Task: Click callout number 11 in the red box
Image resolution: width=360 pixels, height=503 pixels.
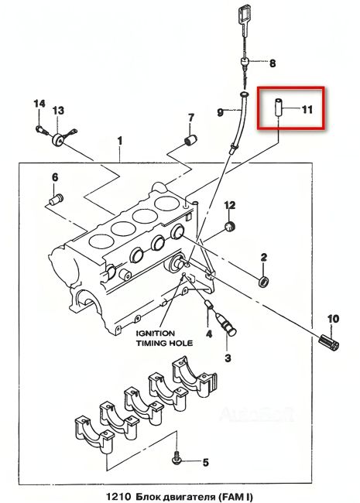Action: [x=307, y=109]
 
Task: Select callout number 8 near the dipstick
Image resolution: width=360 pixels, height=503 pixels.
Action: [x=271, y=62]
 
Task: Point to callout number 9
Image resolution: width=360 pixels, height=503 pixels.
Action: [x=221, y=113]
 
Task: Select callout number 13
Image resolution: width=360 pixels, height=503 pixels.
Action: [x=58, y=111]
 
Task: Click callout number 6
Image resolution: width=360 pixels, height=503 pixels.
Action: [x=54, y=178]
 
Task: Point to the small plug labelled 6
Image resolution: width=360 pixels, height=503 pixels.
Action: [x=55, y=200]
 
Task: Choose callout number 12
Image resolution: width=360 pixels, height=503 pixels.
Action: [x=229, y=204]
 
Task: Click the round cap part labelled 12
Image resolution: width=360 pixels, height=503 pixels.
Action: [x=228, y=227]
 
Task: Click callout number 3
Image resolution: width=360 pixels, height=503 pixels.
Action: [x=228, y=358]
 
